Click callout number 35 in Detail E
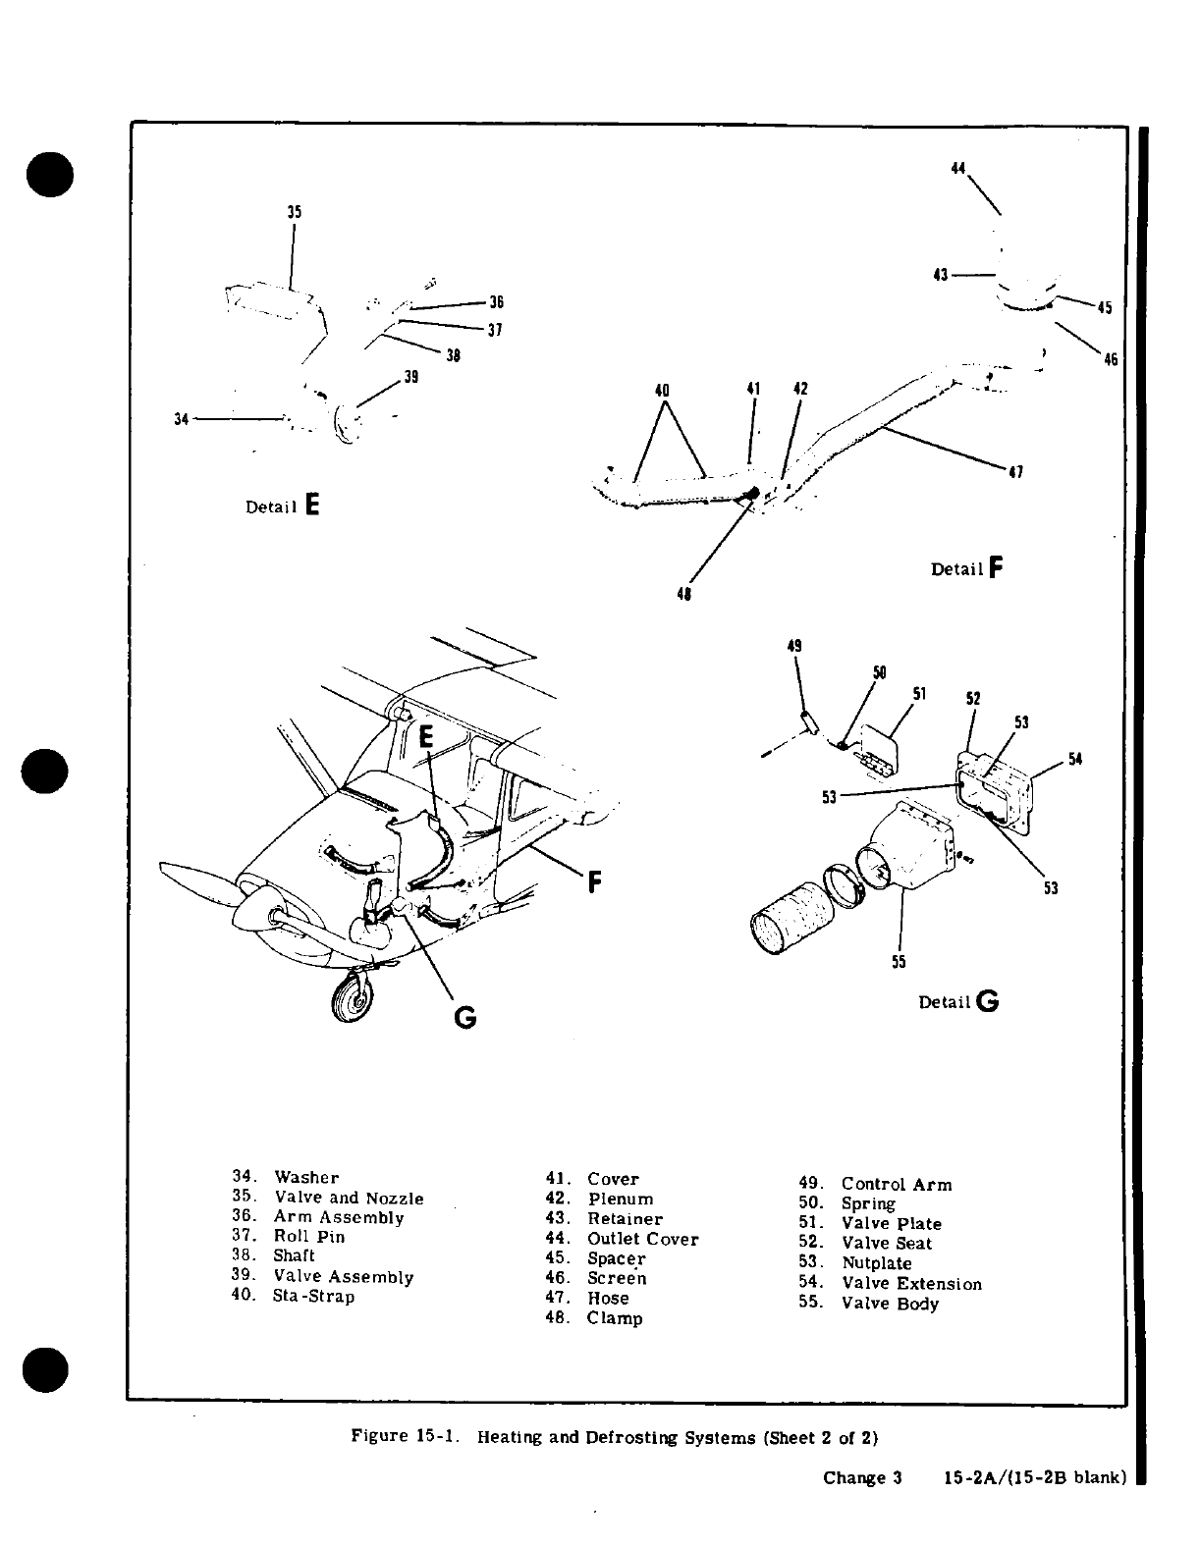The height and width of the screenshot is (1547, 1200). pyautogui.click(x=294, y=212)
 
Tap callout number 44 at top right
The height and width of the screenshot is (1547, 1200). pyautogui.click(x=958, y=168)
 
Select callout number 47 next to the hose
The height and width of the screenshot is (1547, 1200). pyautogui.click(x=1016, y=473)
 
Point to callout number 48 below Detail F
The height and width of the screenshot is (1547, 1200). pyautogui.click(x=684, y=594)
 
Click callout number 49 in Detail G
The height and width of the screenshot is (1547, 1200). pyautogui.click(x=794, y=646)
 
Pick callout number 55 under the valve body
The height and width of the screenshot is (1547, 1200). pyautogui.click(x=899, y=962)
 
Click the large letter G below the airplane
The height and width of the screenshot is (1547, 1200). pyautogui.click(x=464, y=1018)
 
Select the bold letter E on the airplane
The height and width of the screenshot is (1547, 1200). pyautogui.click(x=425, y=737)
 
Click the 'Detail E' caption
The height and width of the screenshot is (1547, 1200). pyautogui.click(x=283, y=507)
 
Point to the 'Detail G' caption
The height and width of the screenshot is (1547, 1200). pyautogui.click(x=958, y=1002)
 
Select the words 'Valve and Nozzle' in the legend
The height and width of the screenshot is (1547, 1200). pyautogui.click(x=349, y=1198)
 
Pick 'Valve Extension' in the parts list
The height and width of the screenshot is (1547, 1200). pyautogui.click(x=910, y=1284)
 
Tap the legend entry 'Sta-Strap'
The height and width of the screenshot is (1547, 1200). pyautogui.click(x=313, y=1296)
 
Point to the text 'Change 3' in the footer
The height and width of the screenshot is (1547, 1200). pyautogui.click(x=861, y=1477)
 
